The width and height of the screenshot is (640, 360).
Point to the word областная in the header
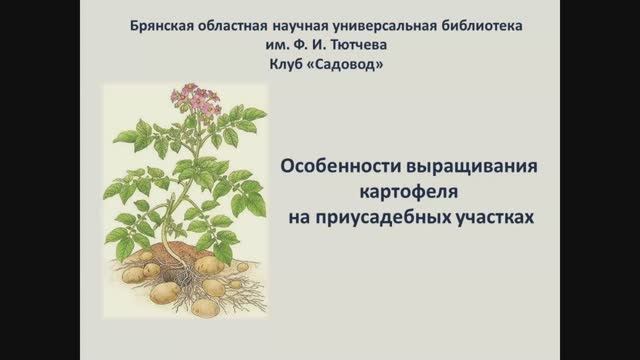click(x=240, y=23)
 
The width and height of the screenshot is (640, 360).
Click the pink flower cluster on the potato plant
click(x=196, y=98)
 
